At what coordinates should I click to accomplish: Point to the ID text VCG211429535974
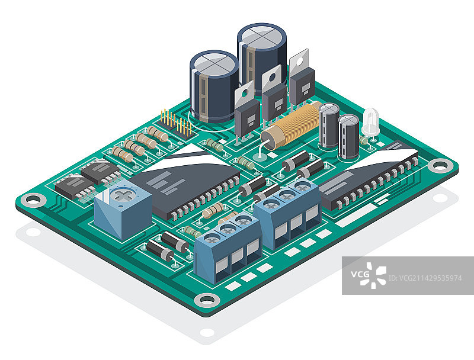pos(425,278)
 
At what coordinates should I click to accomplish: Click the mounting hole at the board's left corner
pos(33,200)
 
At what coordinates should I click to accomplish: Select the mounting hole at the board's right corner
pos(440,166)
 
